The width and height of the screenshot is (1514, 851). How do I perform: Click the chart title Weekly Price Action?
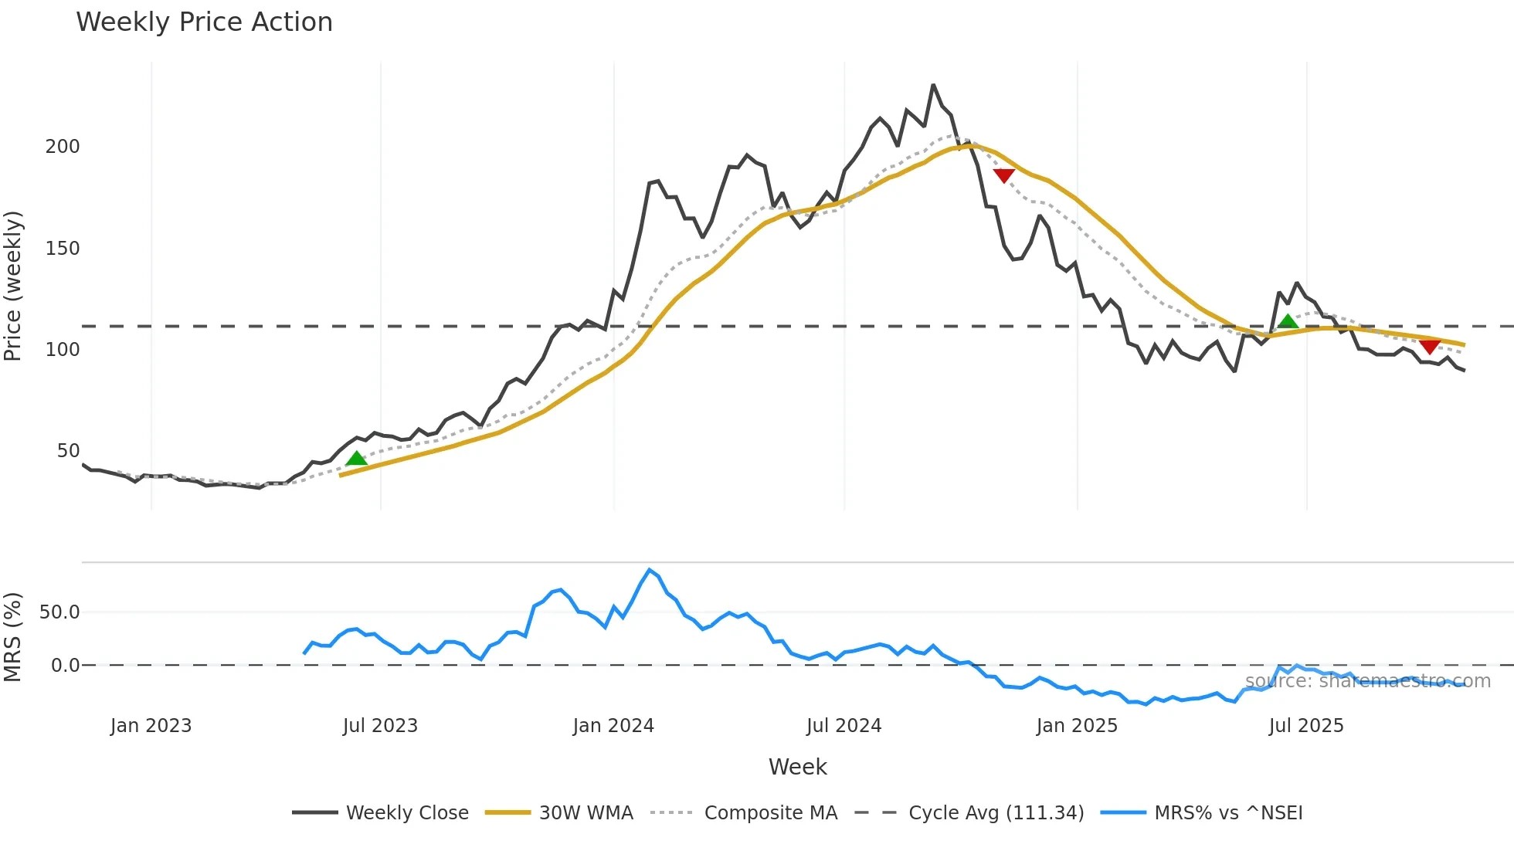point(204,22)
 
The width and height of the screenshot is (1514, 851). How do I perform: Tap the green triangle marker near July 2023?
point(356,459)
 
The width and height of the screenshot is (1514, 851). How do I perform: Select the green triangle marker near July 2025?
point(1288,322)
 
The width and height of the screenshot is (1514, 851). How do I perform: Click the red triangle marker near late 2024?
point(1003,175)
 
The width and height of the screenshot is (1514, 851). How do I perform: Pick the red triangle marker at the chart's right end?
point(1430,346)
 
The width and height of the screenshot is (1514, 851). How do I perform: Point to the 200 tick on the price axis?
point(63,147)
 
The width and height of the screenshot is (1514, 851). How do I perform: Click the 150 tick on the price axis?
point(63,249)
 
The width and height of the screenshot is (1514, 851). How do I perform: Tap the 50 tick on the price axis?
point(68,451)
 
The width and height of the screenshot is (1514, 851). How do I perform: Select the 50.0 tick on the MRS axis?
point(59,612)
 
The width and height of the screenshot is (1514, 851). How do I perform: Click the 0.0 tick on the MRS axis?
point(65,666)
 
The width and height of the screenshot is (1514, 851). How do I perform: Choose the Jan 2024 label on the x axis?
point(613,726)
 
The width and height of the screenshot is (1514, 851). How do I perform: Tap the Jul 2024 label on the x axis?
point(844,726)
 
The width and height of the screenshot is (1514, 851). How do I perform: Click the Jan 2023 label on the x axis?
point(151,726)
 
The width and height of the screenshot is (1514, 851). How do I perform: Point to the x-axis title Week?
point(797,767)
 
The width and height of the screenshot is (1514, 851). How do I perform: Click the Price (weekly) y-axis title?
point(13,286)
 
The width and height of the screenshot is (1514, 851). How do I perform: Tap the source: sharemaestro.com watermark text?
point(1367,681)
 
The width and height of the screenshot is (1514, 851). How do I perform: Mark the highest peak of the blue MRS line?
point(650,570)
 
